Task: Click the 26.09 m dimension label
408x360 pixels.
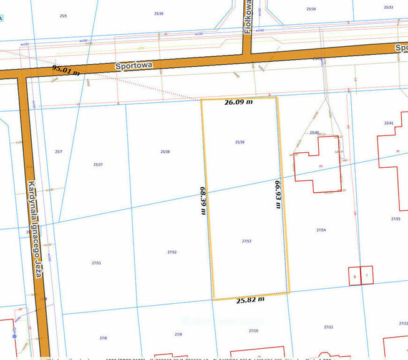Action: (x=238, y=102)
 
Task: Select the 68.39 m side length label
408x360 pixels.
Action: (x=203, y=199)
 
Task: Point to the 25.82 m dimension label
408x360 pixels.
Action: (x=250, y=299)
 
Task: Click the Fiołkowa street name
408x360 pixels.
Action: (x=248, y=17)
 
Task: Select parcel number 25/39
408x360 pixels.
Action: (x=240, y=142)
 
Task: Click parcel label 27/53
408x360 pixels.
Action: (x=246, y=240)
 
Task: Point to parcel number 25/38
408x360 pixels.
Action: (x=165, y=151)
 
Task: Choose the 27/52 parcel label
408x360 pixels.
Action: (x=172, y=251)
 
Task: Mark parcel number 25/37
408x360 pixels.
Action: (x=97, y=164)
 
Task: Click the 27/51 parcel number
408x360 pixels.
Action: (x=96, y=263)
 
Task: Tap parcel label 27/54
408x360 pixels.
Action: (x=321, y=230)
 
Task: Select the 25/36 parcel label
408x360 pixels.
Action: (x=158, y=14)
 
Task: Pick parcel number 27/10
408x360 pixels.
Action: (x=253, y=331)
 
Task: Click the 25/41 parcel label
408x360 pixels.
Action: (x=389, y=123)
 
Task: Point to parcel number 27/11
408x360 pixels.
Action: (x=328, y=327)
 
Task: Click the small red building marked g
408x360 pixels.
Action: (x=354, y=275)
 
